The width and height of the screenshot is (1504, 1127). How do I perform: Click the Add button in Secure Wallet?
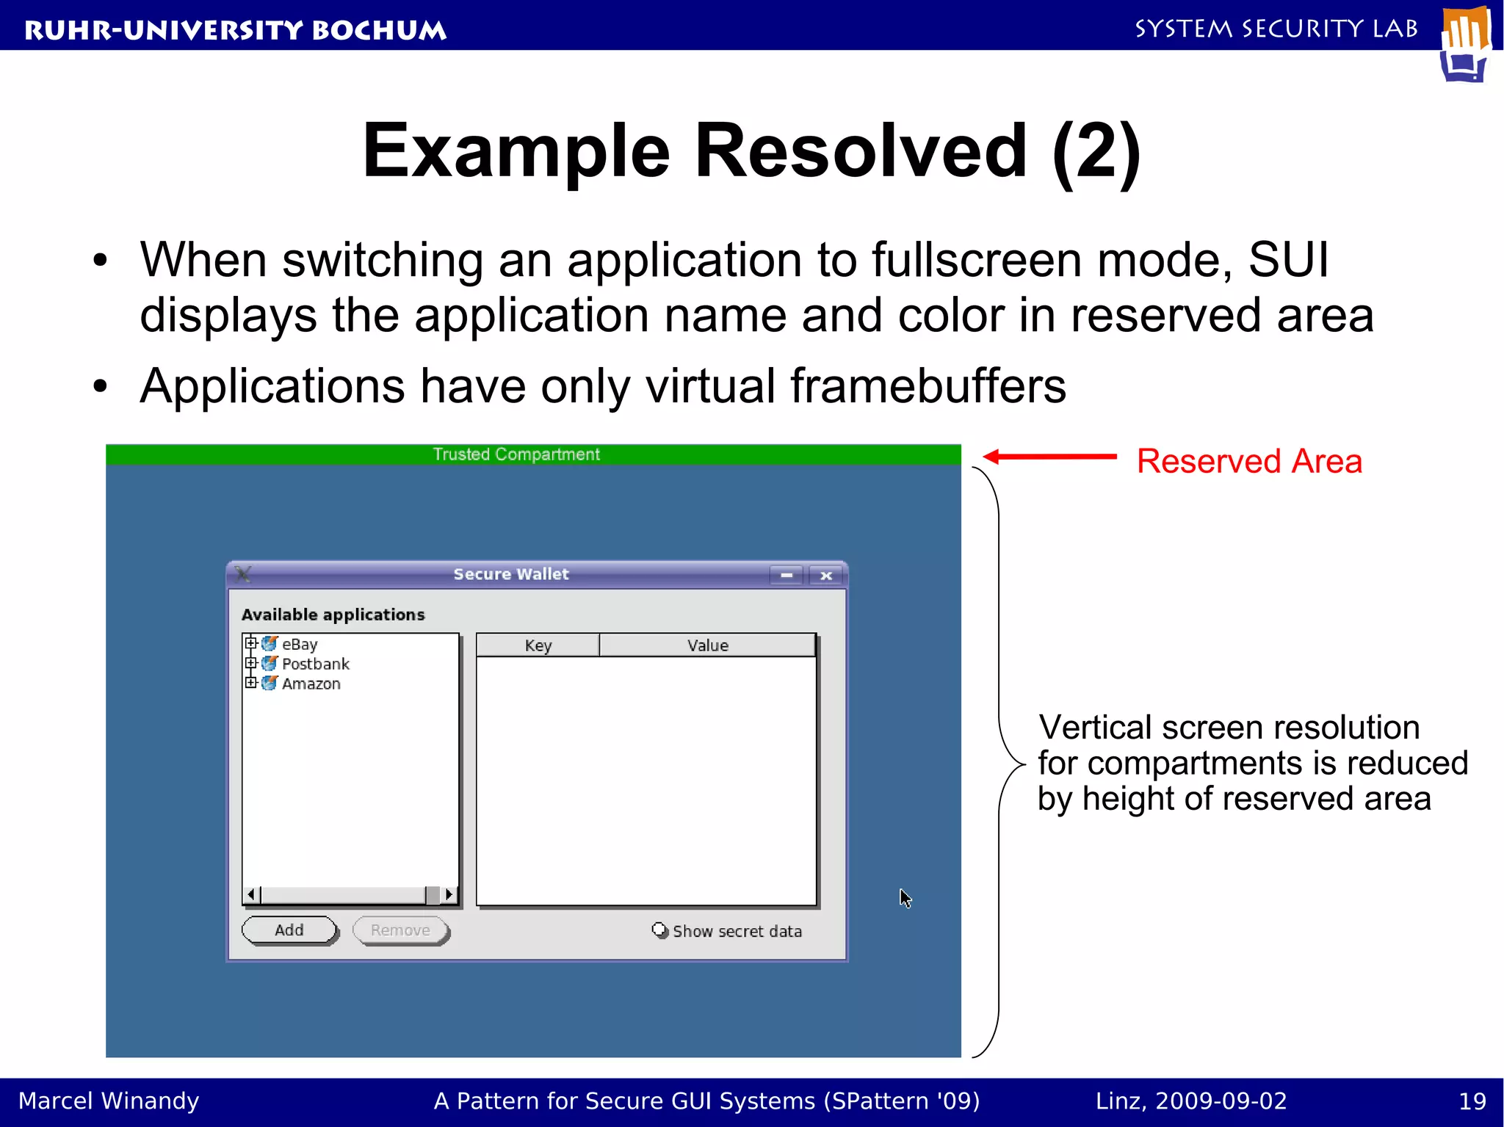point(289,930)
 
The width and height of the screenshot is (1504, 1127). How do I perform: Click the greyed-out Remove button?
point(400,930)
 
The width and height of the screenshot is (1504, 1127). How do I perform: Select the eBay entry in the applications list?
point(300,645)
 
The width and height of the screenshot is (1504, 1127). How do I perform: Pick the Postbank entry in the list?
point(315,664)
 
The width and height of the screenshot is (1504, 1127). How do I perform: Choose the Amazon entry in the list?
point(311,684)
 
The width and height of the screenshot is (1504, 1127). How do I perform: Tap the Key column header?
point(538,645)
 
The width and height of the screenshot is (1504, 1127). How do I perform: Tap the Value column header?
point(707,645)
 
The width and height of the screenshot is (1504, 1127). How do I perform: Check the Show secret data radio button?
point(659,930)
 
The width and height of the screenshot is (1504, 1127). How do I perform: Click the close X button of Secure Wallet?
point(825,576)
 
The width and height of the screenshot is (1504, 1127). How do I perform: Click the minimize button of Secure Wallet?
point(787,576)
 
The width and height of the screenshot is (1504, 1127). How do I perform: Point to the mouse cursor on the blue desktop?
point(905,897)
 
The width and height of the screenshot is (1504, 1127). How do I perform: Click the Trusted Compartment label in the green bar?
point(516,454)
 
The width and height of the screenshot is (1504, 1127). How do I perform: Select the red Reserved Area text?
point(1248,462)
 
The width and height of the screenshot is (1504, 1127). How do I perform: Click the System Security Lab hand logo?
point(1465,44)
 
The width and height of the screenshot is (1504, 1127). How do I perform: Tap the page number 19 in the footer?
point(1472,1101)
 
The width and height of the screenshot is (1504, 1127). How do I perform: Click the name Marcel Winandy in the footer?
point(109,1101)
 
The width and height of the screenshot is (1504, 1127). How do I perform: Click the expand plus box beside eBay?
point(251,643)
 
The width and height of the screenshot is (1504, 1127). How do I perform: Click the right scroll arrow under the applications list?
point(449,894)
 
